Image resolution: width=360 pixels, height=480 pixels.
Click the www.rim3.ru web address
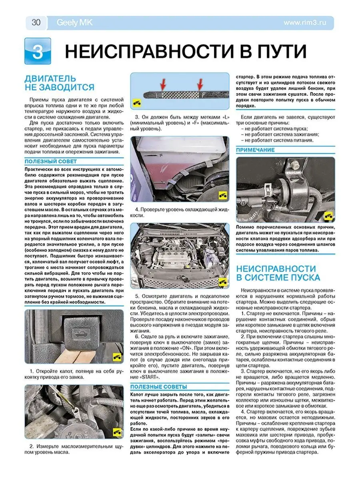[305, 23]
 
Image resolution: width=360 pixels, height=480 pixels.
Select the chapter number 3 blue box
[38, 52]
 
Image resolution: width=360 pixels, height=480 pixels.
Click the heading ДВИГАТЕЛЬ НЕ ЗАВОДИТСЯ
[59, 83]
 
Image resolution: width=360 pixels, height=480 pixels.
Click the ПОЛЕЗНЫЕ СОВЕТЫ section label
[159, 386]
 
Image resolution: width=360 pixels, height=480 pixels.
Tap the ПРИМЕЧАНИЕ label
[255, 150]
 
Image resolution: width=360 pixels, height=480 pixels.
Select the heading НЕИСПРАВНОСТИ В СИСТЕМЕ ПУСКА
[278, 273]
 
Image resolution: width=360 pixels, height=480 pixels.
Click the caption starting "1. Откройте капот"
[74, 374]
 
